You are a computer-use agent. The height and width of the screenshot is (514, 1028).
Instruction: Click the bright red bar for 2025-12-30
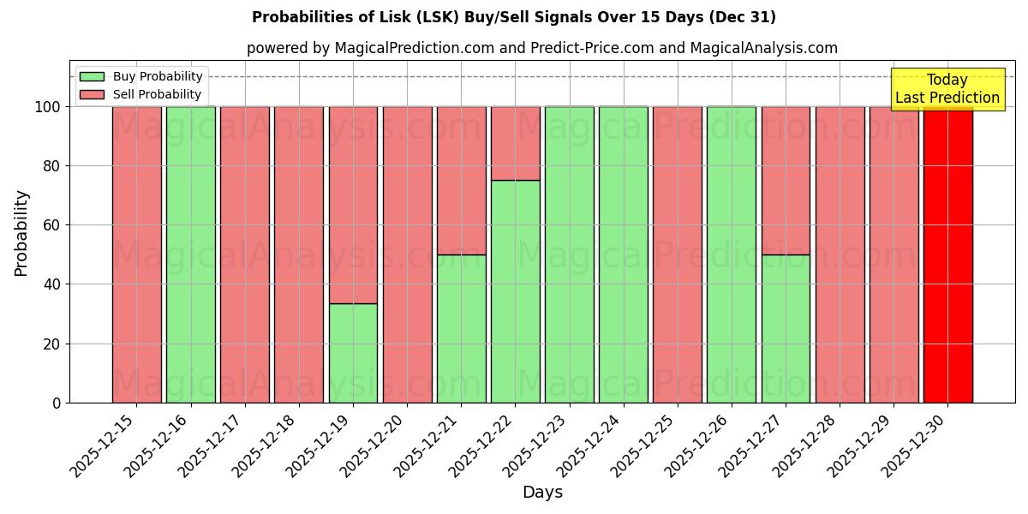point(947,254)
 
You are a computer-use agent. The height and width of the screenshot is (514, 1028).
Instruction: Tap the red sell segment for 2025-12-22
point(515,143)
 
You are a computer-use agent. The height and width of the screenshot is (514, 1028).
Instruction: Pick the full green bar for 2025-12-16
point(190,254)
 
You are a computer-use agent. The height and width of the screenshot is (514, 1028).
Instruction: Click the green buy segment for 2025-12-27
point(786,328)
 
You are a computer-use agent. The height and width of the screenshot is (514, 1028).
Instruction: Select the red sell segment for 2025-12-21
point(461,180)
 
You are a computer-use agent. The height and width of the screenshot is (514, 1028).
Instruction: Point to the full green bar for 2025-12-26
point(732,254)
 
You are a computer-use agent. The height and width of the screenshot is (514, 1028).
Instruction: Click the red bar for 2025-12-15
point(136,254)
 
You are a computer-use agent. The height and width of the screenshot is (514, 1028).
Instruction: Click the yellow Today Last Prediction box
point(947,89)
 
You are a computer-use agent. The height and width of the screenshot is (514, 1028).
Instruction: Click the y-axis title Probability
point(21,233)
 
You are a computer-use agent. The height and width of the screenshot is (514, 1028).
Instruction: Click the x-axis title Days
point(542,493)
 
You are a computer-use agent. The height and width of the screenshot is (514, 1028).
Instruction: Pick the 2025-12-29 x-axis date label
point(864,445)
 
